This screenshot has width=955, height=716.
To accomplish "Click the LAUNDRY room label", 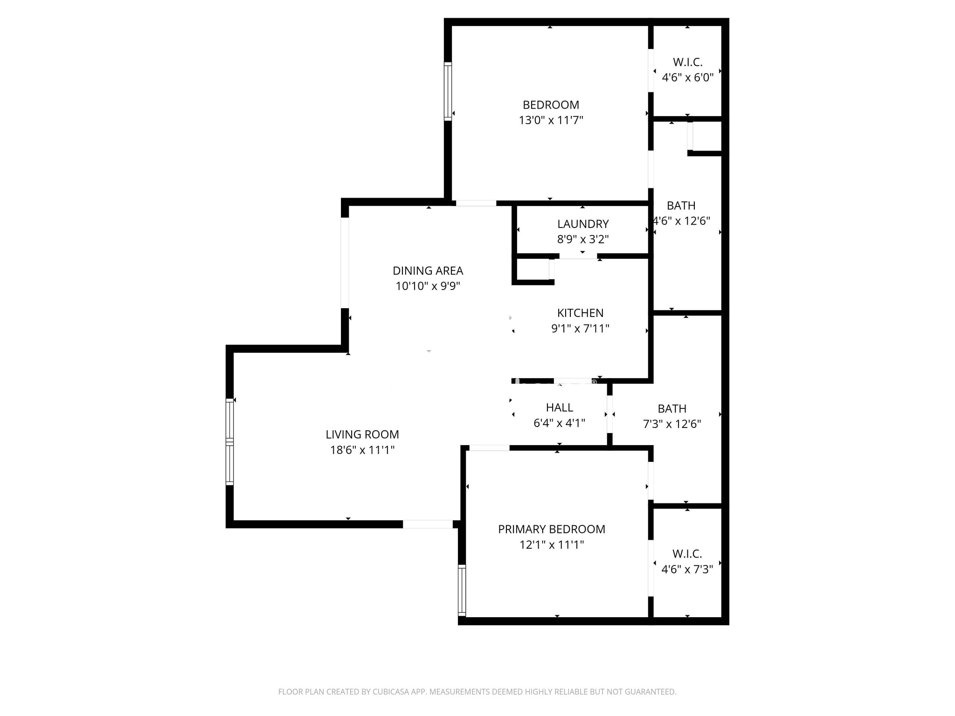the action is click(583, 224).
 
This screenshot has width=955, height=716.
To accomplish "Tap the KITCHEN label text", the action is click(580, 313).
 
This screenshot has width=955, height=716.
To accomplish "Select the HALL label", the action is click(559, 407).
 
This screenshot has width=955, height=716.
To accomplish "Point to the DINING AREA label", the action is click(428, 271).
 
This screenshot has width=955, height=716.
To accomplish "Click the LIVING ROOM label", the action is click(362, 434).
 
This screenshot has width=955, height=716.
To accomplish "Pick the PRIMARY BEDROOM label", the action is click(552, 529).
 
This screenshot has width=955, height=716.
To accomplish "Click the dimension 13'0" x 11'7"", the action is click(551, 120).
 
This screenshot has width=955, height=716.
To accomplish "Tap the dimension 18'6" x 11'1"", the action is click(362, 450).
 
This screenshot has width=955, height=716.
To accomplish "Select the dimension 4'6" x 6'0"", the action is click(688, 77).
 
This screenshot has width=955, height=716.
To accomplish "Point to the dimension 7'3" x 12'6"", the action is click(672, 424).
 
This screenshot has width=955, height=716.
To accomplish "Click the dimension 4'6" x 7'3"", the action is click(687, 569).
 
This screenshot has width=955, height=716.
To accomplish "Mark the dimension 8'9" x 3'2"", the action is click(583, 239).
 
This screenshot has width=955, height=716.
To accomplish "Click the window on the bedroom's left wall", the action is click(448, 91).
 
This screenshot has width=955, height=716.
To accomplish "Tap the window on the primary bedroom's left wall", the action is click(462, 591).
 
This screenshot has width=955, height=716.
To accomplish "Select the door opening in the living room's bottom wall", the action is click(428, 524).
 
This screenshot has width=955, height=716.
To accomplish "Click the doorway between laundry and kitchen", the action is click(578, 256).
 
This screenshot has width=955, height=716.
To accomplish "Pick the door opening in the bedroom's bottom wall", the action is click(476, 203).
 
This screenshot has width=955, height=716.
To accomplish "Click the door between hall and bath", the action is click(609, 414).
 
